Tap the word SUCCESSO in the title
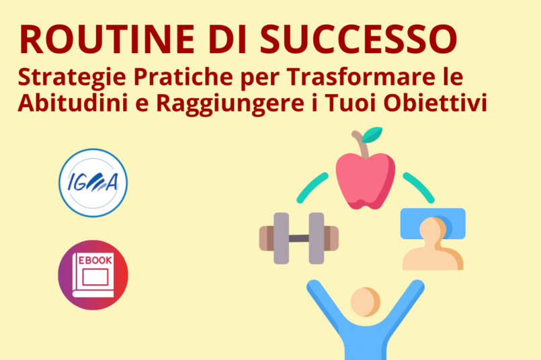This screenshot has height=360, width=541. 359,39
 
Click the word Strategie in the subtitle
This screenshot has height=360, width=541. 72,78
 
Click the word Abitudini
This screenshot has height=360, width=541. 73,102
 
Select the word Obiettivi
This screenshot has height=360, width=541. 435,102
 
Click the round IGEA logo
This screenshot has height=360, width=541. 93,183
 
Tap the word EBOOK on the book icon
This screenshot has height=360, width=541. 95,260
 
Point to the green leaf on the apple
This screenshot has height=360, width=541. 372,134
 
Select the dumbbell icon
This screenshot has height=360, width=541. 299,238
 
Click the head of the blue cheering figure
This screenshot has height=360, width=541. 366,302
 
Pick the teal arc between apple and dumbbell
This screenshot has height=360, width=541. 311,187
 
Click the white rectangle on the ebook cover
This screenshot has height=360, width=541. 95,277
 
